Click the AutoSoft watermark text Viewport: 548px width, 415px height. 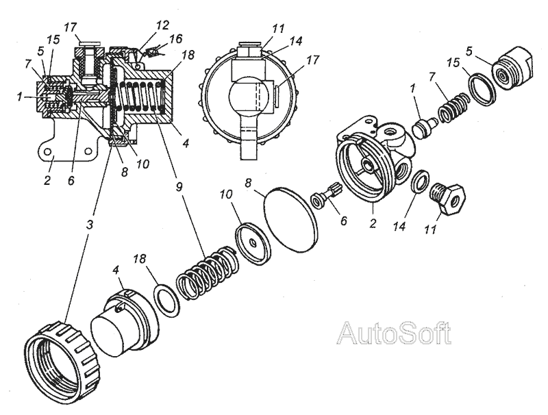[x=395, y=334]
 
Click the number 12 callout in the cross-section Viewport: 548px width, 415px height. [x=162, y=25]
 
